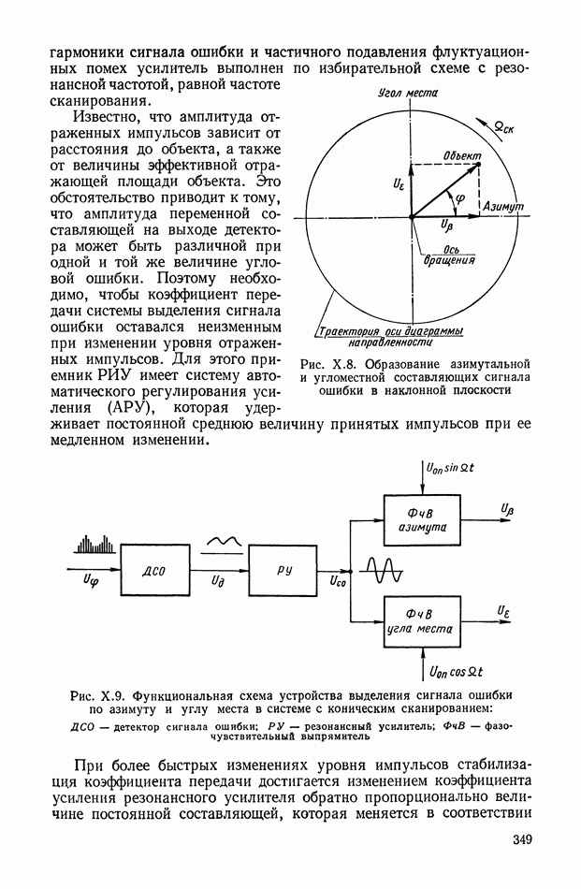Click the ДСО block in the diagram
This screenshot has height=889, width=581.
tap(154, 569)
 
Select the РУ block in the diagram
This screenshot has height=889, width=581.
tap(284, 569)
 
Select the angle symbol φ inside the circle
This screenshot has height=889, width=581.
tap(458, 199)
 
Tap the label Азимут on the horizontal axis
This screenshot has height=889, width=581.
tap(503, 206)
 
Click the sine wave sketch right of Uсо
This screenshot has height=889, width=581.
tap(384, 570)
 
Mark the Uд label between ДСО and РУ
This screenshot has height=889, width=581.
tap(217, 583)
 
